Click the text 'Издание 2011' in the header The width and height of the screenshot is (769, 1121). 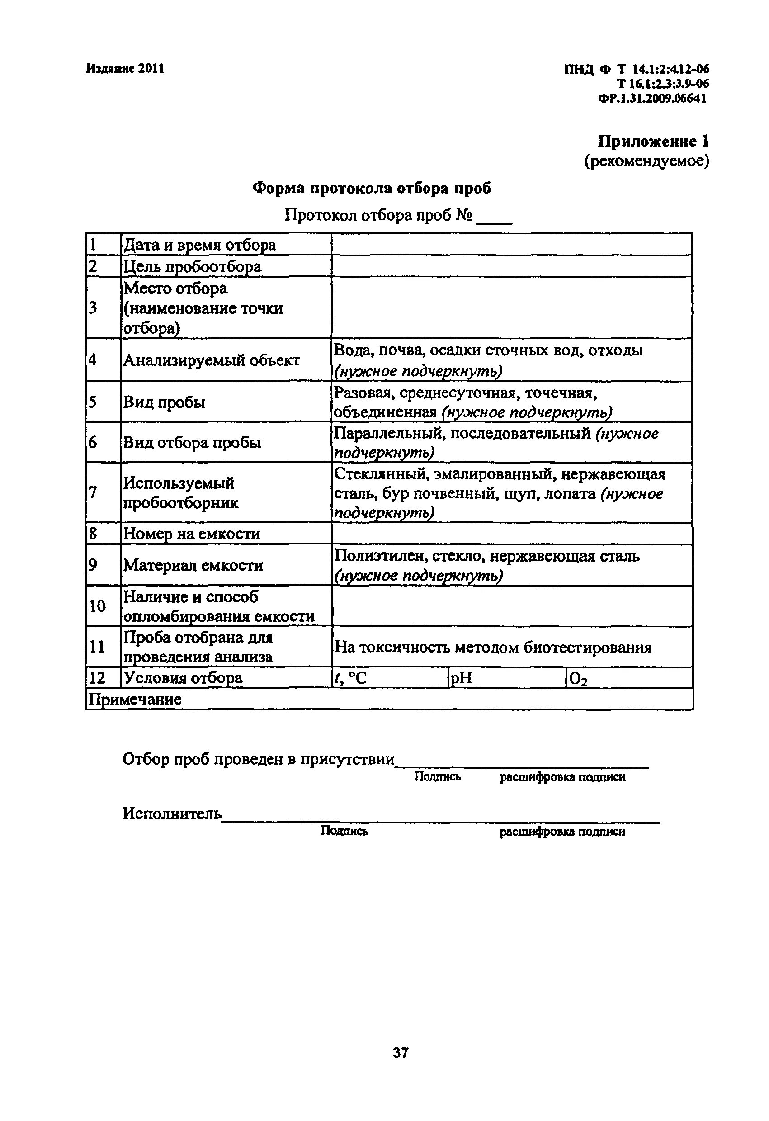[x=125, y=69]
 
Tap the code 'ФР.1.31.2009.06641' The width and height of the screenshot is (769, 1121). [x=652, y=99]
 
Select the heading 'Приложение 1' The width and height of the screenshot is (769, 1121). [x=653, y=142]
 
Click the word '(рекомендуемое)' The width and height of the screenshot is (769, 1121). [x=646, y=161]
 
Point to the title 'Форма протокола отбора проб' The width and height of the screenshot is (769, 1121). [x=371, y=188]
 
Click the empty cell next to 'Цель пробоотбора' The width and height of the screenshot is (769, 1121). [x=511, y=266]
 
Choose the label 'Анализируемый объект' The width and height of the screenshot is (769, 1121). [x=211, y=360]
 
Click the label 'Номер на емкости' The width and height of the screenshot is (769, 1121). [x=192, y=534]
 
